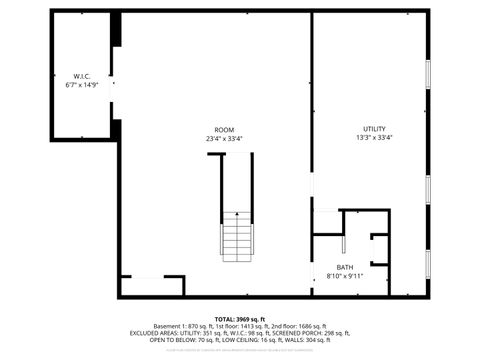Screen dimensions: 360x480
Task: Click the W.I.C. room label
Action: point(81,76)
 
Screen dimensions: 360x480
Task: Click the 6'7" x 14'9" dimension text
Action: point(81,85)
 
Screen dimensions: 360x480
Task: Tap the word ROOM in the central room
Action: point(224,130)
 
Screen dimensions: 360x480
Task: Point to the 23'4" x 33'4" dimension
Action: point(224,139)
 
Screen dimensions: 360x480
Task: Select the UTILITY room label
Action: point(374,130)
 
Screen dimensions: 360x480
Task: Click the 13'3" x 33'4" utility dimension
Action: point(374,139)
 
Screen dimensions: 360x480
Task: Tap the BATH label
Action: point(344,267)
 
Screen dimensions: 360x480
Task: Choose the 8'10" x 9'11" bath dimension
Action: point(344,276)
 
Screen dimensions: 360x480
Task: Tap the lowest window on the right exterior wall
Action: point(428,265)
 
